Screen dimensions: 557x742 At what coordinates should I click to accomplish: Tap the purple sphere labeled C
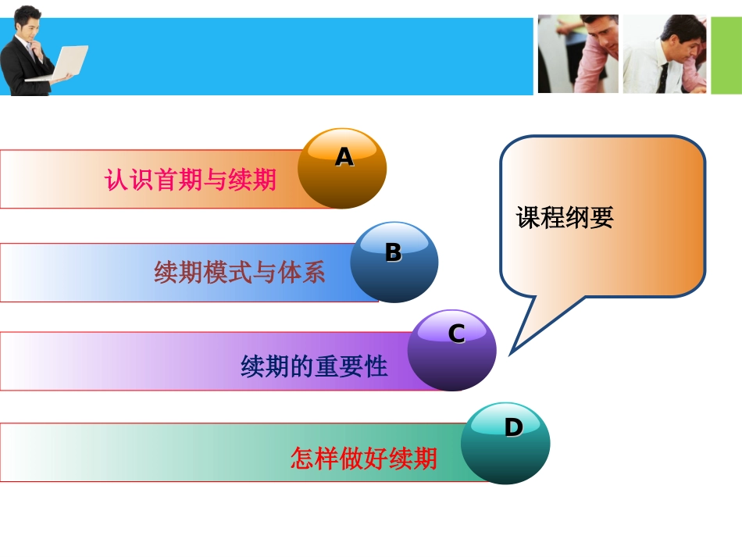451,351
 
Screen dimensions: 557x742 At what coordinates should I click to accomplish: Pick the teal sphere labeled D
505,443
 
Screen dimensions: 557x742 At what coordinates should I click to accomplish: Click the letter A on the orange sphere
344,158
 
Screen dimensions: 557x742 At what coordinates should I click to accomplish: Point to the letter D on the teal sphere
513,427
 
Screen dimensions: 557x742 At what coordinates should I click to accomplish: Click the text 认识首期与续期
190,180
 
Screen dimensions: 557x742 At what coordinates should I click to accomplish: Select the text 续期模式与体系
240,273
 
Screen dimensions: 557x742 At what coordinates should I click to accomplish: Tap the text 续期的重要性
314,366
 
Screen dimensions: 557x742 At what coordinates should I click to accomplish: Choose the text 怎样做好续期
363,458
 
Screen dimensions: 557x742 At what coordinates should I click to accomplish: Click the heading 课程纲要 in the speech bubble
565,218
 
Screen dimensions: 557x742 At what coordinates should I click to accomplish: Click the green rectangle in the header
726,55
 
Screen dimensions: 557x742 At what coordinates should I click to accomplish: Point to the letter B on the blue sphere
393,252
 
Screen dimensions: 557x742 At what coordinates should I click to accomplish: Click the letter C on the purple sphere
456,334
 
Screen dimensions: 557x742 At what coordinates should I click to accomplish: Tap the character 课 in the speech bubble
528,218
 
